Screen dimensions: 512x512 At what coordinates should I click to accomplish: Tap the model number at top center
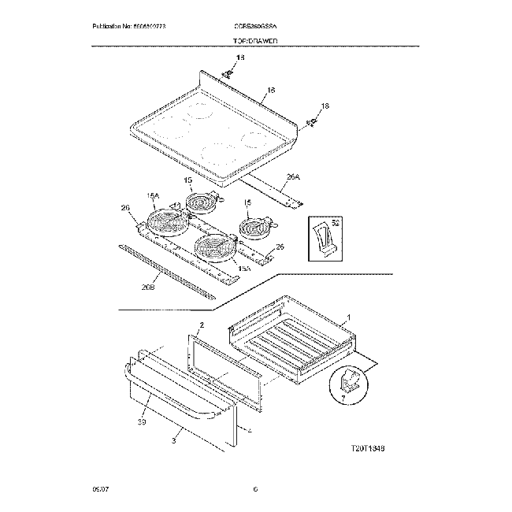pyautogui.click(x=254, y=28)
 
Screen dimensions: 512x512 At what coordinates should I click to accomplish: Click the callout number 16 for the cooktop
pyautogui.click(x=270, y=91)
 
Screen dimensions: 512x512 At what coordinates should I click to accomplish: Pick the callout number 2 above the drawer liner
pyautogui.click(x=202, y=325)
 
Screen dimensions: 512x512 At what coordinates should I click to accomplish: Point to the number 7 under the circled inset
pyautogui.click(x=342, y=399)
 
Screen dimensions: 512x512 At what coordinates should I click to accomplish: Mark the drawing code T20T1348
pyautogui.click(x=366, y=447)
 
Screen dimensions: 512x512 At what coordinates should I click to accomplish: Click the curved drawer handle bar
pyautogui.click(x=169, y=395)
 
